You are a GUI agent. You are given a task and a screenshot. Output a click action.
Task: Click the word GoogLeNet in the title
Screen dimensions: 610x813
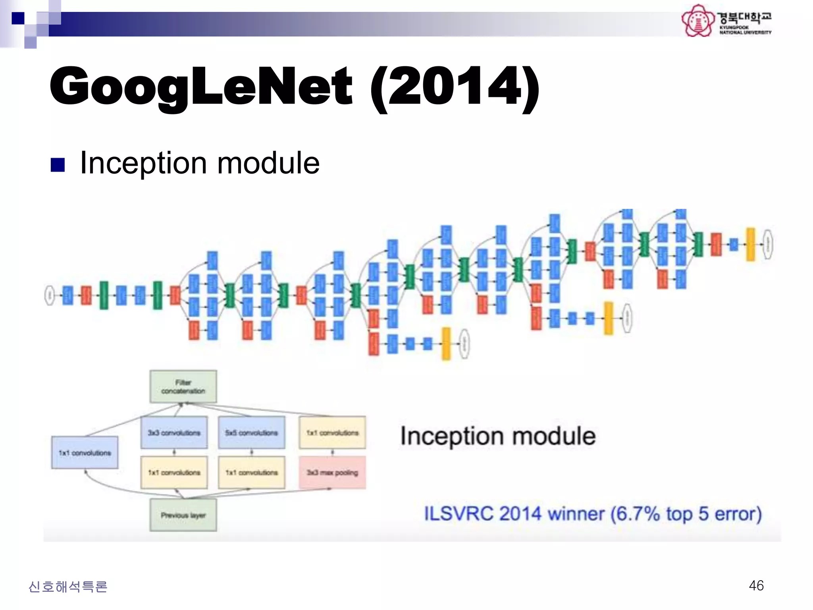point(200,87)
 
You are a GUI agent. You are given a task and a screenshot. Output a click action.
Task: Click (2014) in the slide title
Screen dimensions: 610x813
point(454,87)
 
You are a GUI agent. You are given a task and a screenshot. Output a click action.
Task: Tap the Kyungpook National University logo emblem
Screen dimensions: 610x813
point(697,21)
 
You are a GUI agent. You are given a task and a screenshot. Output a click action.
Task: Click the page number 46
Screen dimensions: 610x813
point(756,585)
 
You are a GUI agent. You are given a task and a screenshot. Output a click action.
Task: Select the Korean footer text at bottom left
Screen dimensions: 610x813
point(68,587)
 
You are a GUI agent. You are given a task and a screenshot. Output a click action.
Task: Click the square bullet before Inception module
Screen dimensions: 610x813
point(58,165)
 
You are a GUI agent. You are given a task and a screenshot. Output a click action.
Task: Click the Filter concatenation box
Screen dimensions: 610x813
point(183,386)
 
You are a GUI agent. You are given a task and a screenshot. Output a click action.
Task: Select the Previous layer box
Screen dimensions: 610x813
point(183,515)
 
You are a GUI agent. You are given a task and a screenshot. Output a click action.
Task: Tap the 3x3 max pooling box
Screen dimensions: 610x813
point(332,473)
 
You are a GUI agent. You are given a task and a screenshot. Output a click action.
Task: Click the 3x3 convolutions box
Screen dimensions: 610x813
point(174,432)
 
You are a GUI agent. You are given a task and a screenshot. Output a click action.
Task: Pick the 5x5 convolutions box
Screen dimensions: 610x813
point(251,432)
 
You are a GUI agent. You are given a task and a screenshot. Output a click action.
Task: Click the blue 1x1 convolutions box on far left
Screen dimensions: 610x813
point(85,452)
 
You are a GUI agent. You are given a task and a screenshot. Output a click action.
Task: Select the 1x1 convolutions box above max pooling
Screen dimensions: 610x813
point(332,432)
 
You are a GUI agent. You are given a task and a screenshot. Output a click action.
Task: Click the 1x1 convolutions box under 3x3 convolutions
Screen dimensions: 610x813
point(174,473)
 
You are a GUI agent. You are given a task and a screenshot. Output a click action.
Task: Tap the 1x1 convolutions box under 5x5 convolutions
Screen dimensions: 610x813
point(251,473)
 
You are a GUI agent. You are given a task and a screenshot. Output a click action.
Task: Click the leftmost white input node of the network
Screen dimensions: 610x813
point(50,295)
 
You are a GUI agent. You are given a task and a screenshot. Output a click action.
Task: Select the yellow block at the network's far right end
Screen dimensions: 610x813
point(750,244)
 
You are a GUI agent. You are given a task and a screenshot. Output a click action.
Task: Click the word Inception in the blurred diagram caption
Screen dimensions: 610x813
point(449,436)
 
